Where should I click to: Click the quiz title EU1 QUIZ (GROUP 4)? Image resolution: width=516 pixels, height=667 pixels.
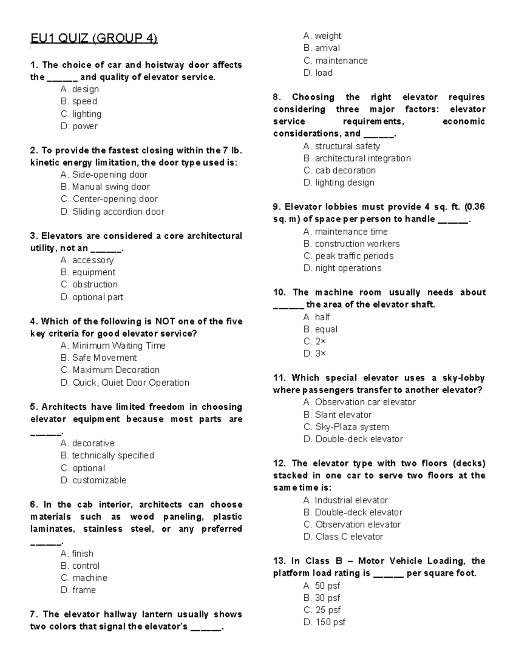(x=94, y=39)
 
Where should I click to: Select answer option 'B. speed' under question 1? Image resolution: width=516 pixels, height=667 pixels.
(x=79, y=101)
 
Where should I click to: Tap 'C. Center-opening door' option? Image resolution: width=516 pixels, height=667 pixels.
(x=109, y=199)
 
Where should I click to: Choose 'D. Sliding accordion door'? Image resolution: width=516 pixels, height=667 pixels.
(x=113, y=211)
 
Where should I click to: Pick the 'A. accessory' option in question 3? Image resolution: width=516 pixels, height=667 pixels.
(x=87, y=260)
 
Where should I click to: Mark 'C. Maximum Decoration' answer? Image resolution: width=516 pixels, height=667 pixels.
(x=110, y=370)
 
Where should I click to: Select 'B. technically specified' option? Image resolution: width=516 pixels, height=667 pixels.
(x=107, y=455)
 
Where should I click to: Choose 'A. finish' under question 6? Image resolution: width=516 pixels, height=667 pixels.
(x=77, y=554)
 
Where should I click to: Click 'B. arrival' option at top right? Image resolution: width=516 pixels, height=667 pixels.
(x=322, y=48)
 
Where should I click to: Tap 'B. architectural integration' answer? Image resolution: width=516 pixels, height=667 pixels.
(x=357, y=158)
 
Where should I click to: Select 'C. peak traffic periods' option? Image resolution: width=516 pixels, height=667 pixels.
(x=348, y=256)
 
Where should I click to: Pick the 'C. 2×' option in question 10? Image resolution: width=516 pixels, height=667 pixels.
(x=315, y=341)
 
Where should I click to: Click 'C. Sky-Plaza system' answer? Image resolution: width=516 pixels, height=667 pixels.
(x=346, y=427)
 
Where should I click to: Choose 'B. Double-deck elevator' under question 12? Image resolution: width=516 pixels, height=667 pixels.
(x=353, y=512)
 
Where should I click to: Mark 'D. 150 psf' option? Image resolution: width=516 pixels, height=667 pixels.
(x=324, y=622)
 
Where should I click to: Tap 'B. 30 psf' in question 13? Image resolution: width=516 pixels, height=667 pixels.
(x=322, y=598)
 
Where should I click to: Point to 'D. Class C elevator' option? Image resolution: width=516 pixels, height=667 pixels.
(x=343, y=536)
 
